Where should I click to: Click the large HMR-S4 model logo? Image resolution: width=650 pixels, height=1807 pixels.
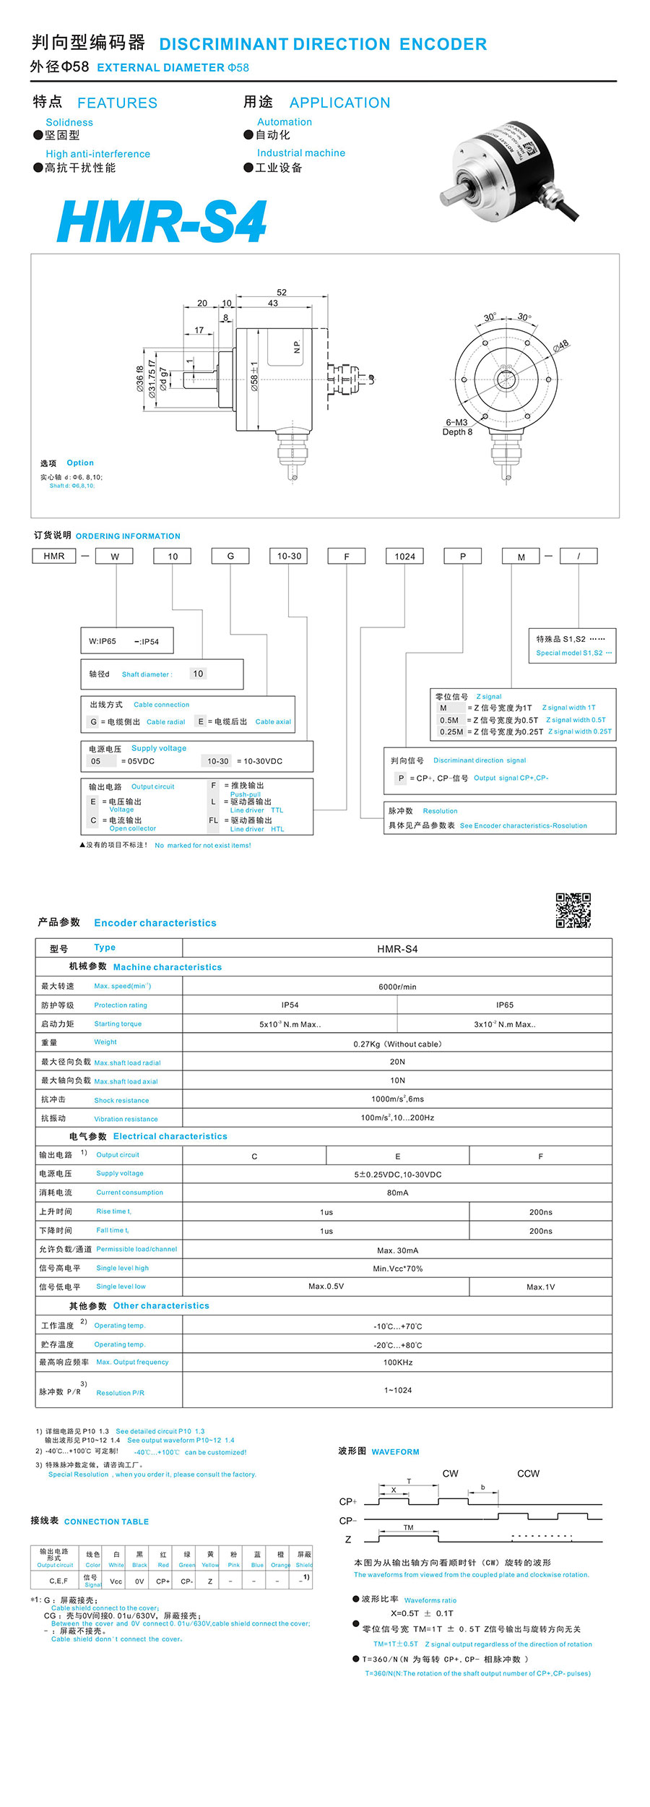pos(162,221)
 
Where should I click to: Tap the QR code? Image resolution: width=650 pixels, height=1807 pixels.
pos(573,910)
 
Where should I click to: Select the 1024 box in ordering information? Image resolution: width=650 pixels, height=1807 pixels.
pos(404,556)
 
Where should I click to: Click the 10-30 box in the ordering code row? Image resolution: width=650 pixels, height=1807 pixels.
pos(289,556)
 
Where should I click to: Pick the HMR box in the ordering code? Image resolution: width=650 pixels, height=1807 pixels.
pos(54,556)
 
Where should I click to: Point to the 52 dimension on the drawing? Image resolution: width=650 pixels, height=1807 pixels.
pos(282,293)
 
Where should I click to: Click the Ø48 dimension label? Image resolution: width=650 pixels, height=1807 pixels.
pos(561,345)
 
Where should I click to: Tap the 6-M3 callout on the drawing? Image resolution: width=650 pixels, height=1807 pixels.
pos(456,423)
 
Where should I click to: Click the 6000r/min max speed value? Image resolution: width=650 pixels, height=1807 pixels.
pos(397,987)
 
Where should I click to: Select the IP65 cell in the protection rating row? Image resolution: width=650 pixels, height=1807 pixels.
pos(504,1005)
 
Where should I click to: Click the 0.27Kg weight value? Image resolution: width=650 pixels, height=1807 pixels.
pos(397,1044)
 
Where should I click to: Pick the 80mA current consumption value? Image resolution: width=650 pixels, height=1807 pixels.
pos(397,1193)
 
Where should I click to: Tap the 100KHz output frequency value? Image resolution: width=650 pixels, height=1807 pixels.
pos(397,1362)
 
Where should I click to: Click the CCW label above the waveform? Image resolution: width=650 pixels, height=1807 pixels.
pos(528,1474)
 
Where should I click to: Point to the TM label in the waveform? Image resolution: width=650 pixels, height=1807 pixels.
pos(409,1528)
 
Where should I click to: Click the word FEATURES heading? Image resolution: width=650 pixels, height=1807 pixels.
pos(117,103)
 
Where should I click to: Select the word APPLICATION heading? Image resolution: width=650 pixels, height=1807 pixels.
pos(339,103)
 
